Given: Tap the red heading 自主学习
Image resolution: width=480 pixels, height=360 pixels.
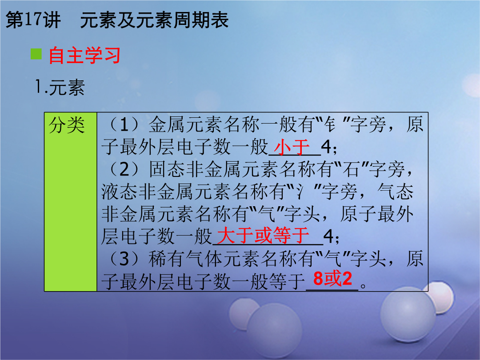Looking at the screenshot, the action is pyautogui.click(x=84, y=56).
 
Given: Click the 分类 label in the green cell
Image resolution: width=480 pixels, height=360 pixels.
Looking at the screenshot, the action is pyautogui.click(x=67, y=125).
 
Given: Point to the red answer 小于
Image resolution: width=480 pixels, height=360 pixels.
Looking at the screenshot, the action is pyautogui.click(x=292, y=147).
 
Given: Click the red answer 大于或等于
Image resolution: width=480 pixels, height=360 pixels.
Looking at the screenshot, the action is pyautogui.click(x=263, y=235).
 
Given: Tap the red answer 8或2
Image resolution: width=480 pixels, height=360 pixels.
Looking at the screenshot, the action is pyautogui.click(x=332, y=279).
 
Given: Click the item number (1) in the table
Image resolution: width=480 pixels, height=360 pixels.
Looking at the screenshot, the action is pyautogui.click(x=124, y=125).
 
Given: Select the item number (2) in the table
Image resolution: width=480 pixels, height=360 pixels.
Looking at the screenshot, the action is pyautogui.click(x=124, y=169).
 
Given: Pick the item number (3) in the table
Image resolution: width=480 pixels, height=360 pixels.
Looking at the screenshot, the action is pyautogui.click(x=124, y=259).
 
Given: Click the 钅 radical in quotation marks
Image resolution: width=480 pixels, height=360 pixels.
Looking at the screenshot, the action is pyautogui.click(x=330, y=124).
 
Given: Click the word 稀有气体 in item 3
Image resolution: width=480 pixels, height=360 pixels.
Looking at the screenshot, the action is pyautogui.click(x=185, y=259).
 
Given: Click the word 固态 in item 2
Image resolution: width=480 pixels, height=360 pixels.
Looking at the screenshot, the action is pyautogui.click(x=168, y=169).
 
